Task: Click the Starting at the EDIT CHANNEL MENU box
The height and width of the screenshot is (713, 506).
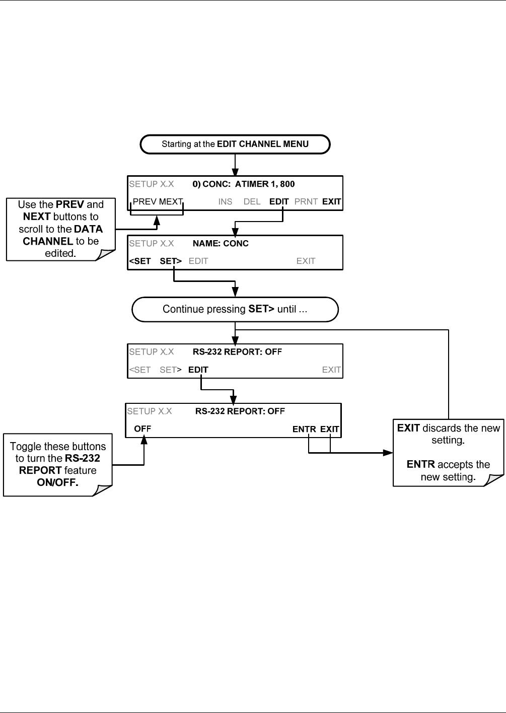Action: (235, 144)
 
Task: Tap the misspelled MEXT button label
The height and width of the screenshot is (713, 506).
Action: (171, 202)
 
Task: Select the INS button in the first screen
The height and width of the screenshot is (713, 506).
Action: (225, 202)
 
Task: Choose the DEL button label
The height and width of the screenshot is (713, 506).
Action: (252, 202)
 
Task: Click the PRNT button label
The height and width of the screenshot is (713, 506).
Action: (306, 202)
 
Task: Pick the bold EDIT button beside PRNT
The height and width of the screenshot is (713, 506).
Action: (279, 202)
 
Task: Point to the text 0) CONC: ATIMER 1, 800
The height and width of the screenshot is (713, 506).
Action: (244, 184)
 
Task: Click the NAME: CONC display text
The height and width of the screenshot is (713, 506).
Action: (221, 244)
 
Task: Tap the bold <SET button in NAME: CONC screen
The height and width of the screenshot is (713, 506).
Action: (139, 261)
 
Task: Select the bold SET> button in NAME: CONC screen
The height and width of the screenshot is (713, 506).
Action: (171, 261)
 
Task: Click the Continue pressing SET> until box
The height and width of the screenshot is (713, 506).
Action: (235, 309)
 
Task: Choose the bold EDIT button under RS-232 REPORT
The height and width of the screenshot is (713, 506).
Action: (198, 370)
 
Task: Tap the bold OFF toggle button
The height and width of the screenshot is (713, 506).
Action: (142, 429)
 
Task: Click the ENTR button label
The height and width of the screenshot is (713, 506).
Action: (304, 430)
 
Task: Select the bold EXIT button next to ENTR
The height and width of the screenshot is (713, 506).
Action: (329, 430)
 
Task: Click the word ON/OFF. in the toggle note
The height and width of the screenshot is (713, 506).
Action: (57, 482)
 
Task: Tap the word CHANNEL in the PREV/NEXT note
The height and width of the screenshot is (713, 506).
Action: (48, 241)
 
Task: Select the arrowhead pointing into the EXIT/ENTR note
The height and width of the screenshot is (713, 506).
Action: (388, 453)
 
